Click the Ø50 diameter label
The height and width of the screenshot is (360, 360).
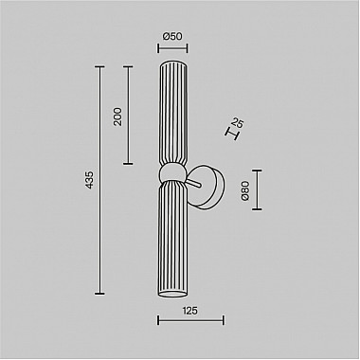171,36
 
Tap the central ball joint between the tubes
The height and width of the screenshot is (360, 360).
171,173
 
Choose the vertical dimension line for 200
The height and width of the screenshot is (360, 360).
126,117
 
